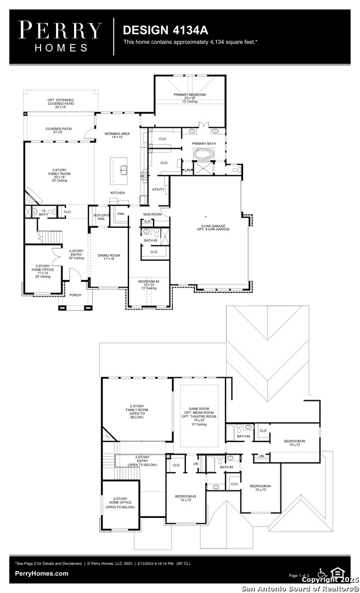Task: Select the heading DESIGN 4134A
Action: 158,29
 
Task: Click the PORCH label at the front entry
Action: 75,295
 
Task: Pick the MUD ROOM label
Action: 152,214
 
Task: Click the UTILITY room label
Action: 158,189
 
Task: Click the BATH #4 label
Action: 244,437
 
